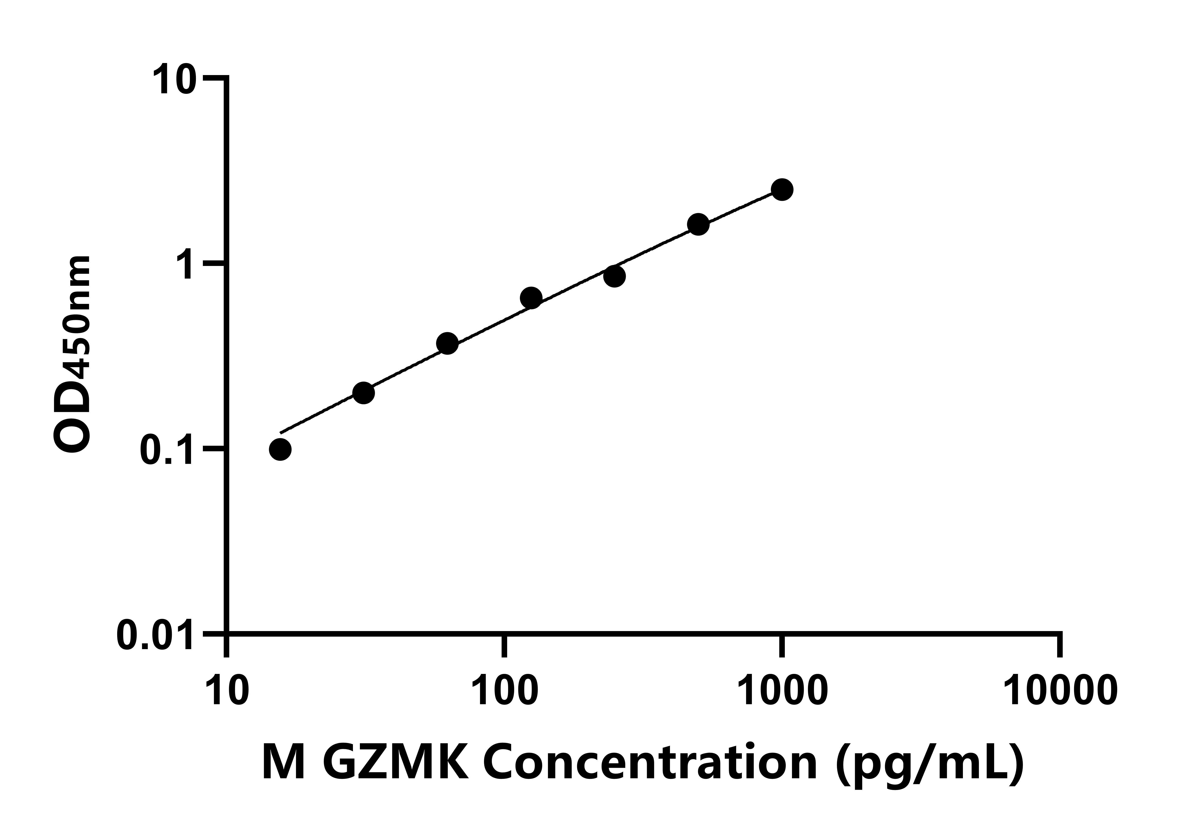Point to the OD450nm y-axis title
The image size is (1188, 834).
[72, 355]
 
